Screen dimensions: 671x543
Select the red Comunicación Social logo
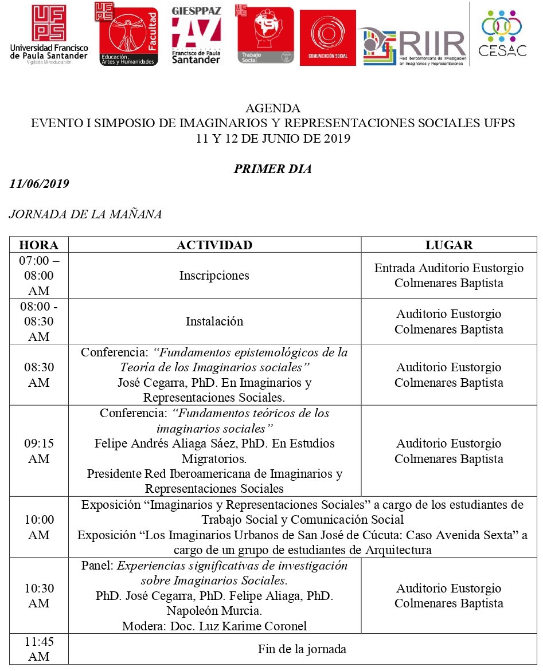(327, 37)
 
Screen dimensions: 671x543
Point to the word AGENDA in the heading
(273, 108)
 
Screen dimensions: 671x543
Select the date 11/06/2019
(40, 184)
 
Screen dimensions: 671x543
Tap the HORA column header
(39, 245)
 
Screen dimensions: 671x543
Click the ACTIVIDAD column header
(214, 245)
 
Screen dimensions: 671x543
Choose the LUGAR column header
(449, 245)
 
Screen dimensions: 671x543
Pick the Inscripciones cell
(214, 276)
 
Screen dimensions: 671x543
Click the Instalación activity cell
(214, 321)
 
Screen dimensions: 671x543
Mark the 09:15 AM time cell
(39, 451)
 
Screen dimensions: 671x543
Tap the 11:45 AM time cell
(39, 649)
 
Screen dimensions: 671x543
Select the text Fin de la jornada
(302, 649)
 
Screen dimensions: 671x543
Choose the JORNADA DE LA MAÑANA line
(85, 214)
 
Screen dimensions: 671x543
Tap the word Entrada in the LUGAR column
(395, 268)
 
